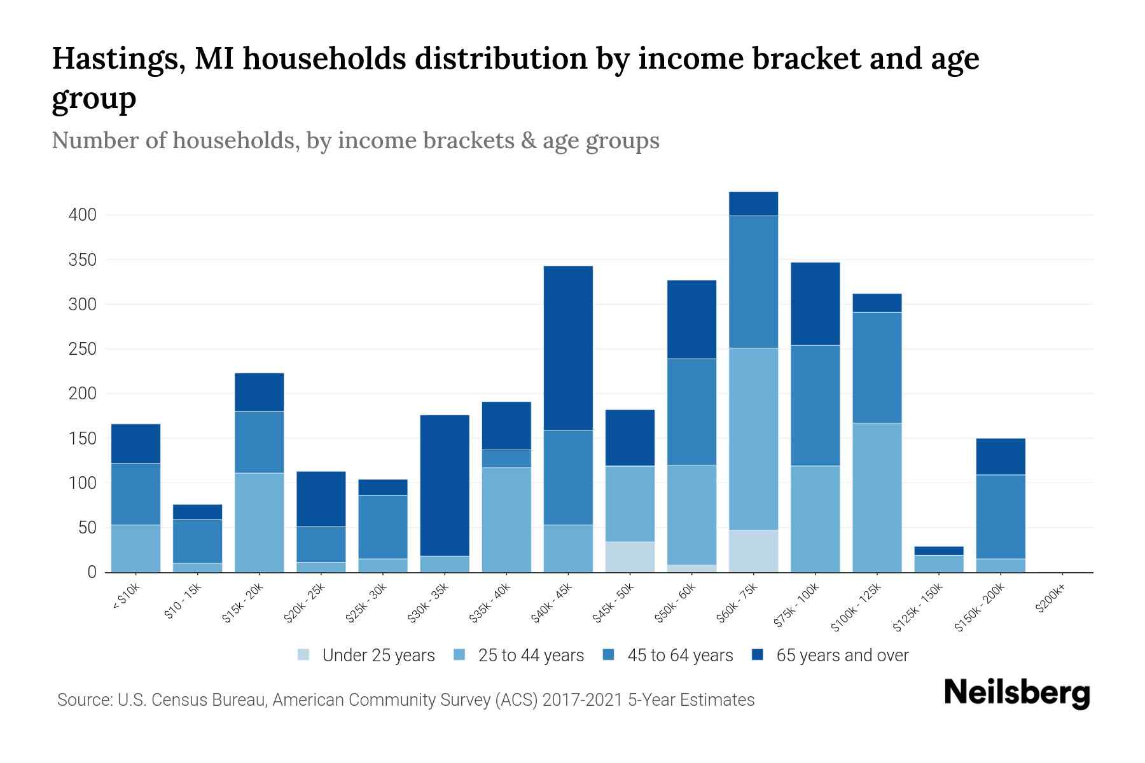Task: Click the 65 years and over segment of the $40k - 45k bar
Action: pos(568,348)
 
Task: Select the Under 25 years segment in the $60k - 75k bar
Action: pos(753,551)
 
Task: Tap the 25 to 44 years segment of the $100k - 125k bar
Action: pos(877,497)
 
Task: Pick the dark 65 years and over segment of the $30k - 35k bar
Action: pos(445,485)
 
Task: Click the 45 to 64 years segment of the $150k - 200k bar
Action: pos(1001,516)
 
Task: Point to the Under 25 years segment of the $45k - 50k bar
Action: pos(630,556)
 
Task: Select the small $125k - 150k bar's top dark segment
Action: pos(938,551)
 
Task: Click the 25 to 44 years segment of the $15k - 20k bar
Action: pos(259,522)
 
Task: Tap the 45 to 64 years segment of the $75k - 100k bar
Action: pos(815,405)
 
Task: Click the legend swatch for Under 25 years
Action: pos(304,655)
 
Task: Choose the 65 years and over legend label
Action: pos(842,656)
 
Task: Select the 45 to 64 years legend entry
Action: pos(679,656)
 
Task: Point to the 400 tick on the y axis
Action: pos(83,215)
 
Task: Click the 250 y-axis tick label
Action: pos(83,349)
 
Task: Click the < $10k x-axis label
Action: pos(125,598)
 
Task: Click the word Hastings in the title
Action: pos(118,58)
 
